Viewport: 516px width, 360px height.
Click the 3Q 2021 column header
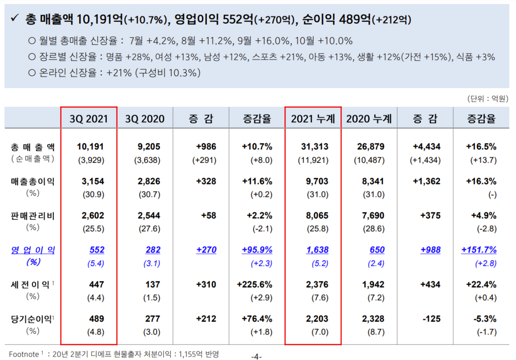(89, 118)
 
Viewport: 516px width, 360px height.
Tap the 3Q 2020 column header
(145, 118)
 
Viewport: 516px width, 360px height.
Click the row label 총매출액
(33, 147)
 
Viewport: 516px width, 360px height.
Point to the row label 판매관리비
(33, 216)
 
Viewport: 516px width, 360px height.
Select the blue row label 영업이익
(33, 250)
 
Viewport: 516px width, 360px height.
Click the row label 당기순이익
(33, 319)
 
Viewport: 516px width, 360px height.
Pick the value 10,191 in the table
(91, 147)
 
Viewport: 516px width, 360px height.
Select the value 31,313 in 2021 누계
(316, 147)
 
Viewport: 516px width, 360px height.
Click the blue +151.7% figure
(479, 250)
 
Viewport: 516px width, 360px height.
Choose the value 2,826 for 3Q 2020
(149, 182)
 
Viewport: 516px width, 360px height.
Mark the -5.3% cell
(484, 319)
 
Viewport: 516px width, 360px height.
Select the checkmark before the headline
(15, 20)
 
